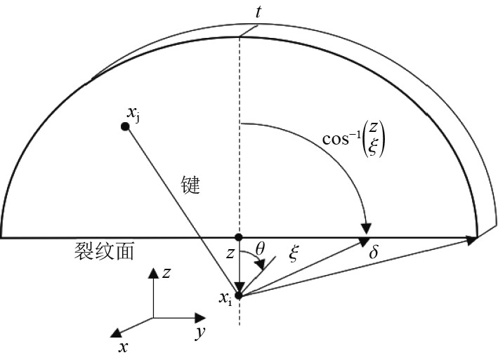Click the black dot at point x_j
pos(125,126)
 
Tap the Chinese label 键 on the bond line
pos(190,185)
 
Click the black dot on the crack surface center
pos(240,237)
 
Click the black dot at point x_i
pos(240,296)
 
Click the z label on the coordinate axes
pos(167,272)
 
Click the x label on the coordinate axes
pos(124,347)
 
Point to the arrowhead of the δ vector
pos(474,240)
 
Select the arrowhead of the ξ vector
pos(364,241)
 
